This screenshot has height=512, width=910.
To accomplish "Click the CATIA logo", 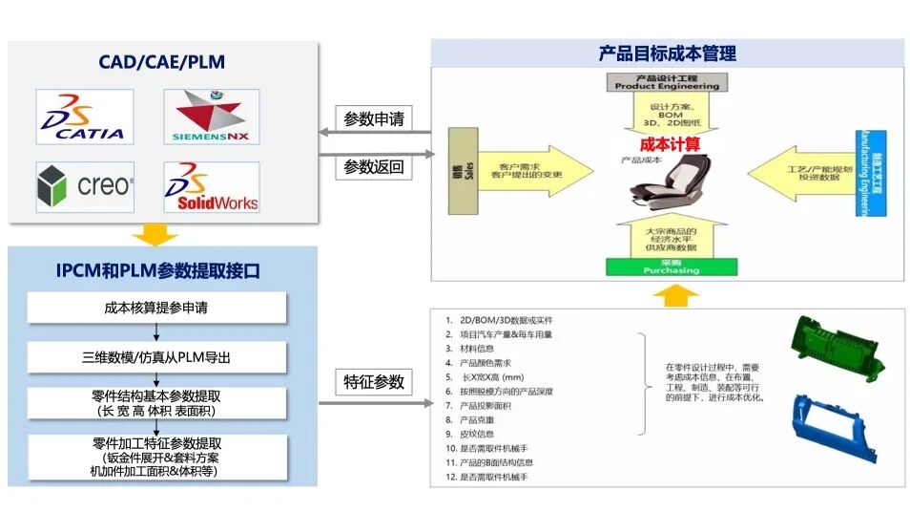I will [85, 117].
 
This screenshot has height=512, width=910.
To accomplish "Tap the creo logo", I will [85, 186].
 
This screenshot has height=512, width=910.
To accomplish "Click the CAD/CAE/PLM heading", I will [162, 62].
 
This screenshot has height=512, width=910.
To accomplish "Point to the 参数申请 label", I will [374, 119].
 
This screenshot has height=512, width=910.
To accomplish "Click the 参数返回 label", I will [374, 167].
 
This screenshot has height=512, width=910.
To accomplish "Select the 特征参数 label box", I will [374, 383].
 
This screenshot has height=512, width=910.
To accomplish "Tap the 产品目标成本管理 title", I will [667, 53].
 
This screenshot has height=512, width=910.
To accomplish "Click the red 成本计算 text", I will [669, 144].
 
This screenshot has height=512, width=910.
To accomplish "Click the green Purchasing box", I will [667, 267].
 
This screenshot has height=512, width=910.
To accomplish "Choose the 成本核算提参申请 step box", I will [157, 309].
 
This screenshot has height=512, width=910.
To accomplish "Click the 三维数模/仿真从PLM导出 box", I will [157, 357].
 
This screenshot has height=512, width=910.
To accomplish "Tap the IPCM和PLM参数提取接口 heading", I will [157, 271].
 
